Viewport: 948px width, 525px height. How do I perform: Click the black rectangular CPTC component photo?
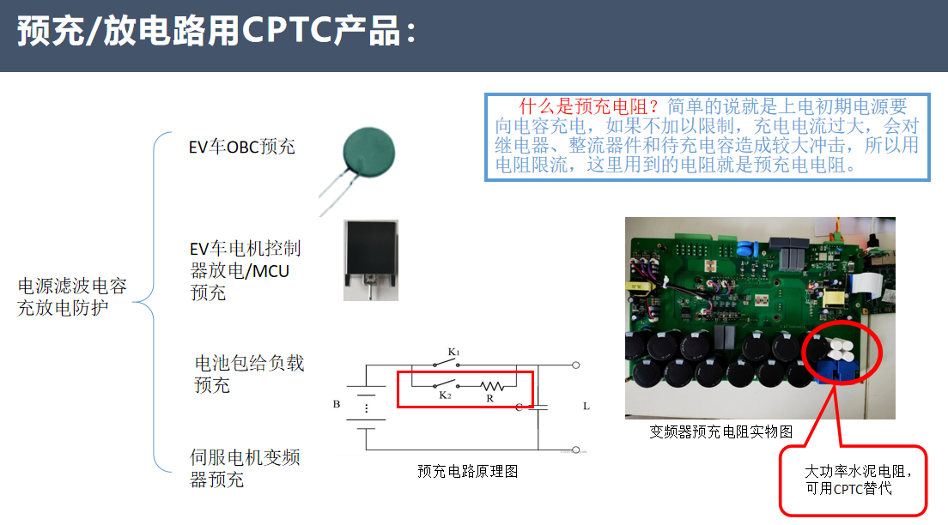tap(371, 260)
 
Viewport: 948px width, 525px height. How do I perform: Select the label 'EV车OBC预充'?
tap(242, 147)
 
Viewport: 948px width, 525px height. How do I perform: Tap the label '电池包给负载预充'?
tap(249, 374)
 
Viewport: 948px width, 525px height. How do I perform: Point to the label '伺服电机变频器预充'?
tap(245, 468)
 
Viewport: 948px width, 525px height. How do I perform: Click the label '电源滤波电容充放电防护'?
tap(72, 297)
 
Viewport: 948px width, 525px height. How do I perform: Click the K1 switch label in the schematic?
tap(454, 352)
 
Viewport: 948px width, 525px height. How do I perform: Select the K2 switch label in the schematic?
tap(445, 395)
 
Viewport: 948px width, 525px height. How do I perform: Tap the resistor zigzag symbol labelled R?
tap(492, 385)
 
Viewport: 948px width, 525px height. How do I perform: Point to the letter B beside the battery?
tap(337, 404)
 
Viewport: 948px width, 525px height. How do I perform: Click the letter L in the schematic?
tap(586, 406)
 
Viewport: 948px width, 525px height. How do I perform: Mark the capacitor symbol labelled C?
tap(538, 407)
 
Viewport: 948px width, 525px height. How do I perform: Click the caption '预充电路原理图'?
tap(467, 471)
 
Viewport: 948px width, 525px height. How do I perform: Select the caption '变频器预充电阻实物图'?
tap(720, 431)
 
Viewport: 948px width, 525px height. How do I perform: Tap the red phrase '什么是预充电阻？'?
tap(588, 106)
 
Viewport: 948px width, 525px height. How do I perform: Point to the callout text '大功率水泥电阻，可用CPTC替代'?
tap(857, 480)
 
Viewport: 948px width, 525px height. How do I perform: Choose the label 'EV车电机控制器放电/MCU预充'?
tap(245, 270)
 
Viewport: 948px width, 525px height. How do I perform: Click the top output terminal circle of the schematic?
tap(576, 365)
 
